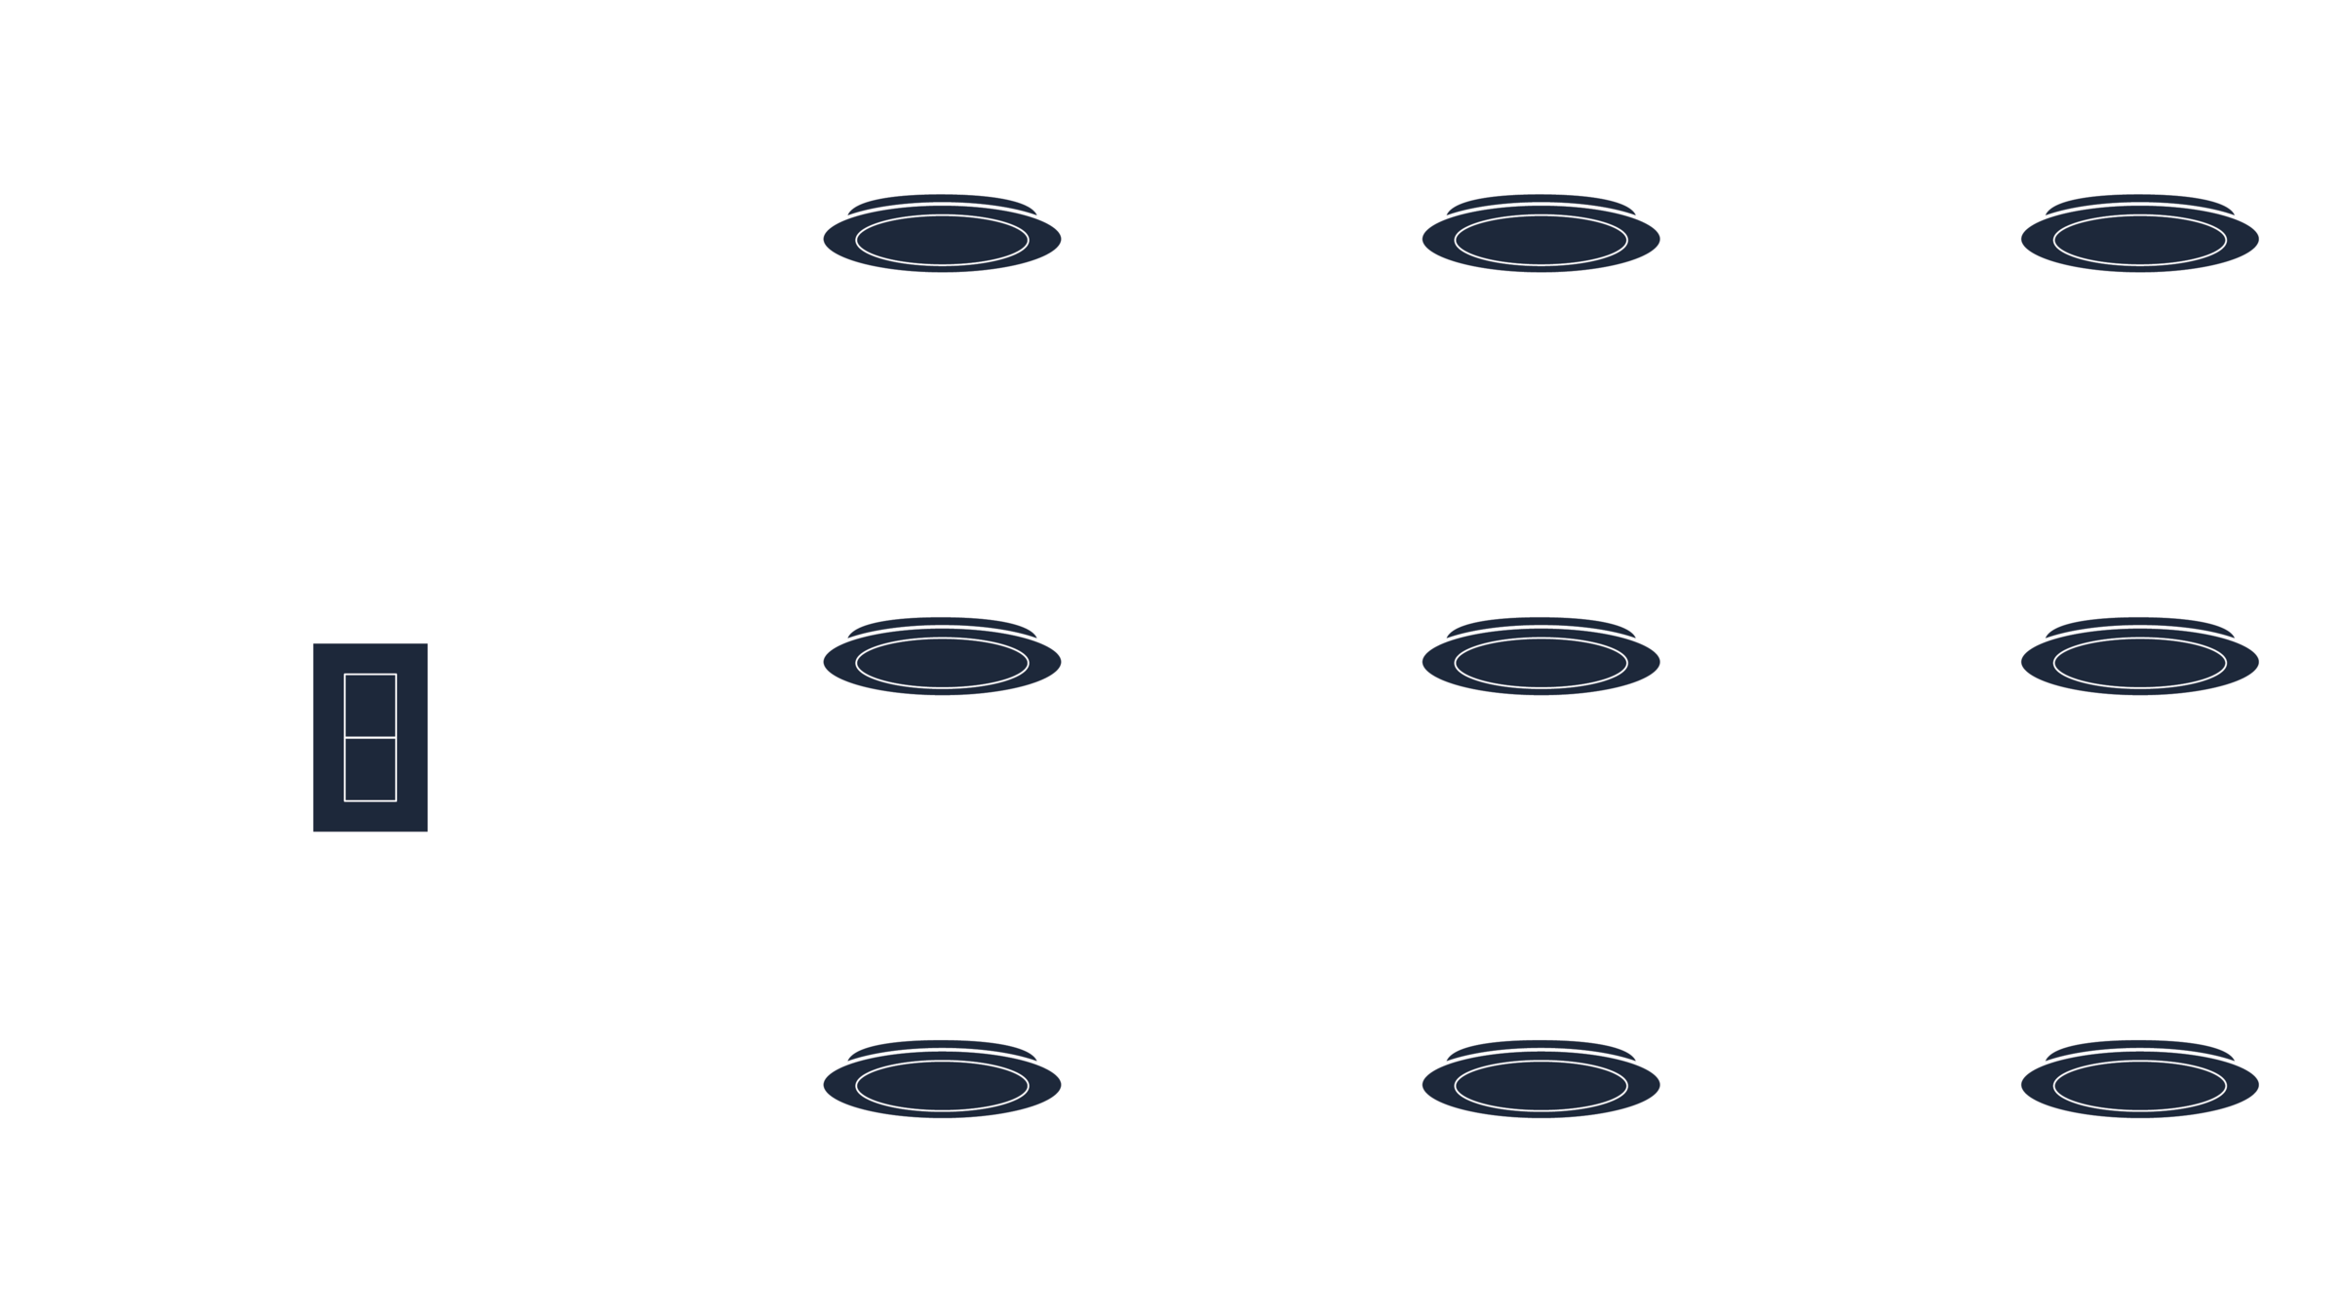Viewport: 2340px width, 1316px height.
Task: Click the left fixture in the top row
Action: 942,236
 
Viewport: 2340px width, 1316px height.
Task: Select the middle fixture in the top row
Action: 1540,236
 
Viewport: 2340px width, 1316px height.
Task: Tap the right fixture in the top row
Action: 2140,236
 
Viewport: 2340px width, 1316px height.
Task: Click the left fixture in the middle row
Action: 942,659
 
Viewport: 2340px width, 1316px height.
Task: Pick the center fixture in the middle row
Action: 1540,659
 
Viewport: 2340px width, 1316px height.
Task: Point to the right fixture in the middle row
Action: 2140,659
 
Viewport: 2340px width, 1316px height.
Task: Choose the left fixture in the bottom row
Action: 942,1082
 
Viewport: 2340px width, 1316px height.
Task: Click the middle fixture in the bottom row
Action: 1540,1082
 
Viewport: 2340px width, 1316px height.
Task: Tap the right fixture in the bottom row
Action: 2140,1082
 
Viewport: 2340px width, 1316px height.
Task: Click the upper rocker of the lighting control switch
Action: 370,706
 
